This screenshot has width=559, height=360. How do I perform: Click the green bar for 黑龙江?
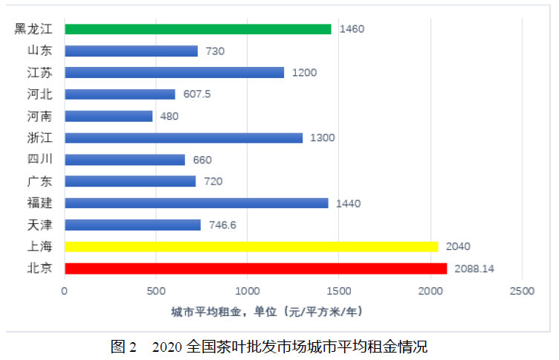[198, 29]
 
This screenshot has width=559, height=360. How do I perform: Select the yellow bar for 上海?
[253, 246]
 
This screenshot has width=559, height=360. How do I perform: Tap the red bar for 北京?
[256, 269]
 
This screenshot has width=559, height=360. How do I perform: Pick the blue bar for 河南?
[109, 116]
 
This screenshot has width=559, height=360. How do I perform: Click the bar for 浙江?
[184, 138]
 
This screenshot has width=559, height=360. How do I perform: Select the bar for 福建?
[196, 203]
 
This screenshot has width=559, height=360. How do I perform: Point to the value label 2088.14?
[476, 269]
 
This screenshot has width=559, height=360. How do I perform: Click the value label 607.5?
[197, 94]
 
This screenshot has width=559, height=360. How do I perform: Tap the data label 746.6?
[223, 225]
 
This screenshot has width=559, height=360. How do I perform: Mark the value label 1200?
[304, 73]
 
